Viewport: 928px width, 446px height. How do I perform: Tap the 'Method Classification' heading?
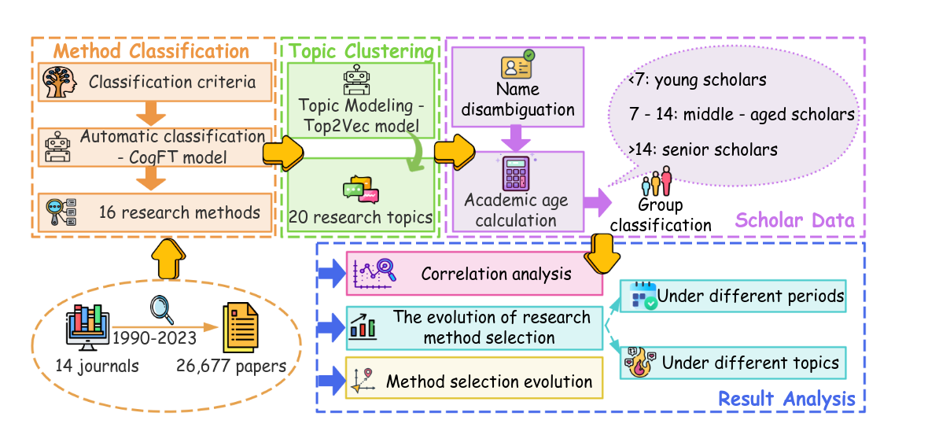151,52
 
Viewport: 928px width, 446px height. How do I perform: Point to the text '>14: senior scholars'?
703,149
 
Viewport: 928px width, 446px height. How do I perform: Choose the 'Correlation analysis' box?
474,274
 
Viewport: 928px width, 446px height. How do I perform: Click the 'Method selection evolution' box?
474,382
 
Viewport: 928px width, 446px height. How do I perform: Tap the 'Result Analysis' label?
786,399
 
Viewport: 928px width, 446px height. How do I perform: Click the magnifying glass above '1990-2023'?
162,308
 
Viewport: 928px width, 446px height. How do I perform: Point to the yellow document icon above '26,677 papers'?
240,327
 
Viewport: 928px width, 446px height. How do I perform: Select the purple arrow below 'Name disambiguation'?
517,138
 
